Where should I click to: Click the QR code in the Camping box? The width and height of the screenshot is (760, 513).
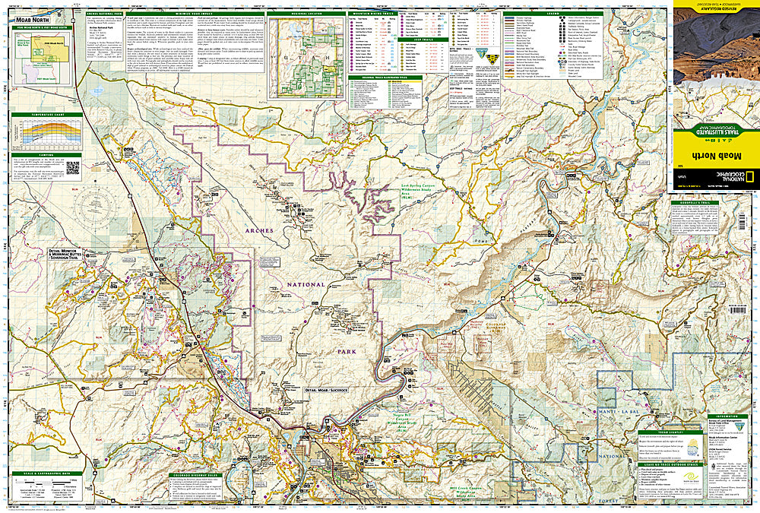pos(73,167)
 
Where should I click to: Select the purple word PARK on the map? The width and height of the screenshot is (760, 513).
pos(347,353)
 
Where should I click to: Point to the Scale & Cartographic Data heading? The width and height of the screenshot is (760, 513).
pos(45,473)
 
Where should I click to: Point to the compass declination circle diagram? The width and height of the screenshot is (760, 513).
pos(100,204)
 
